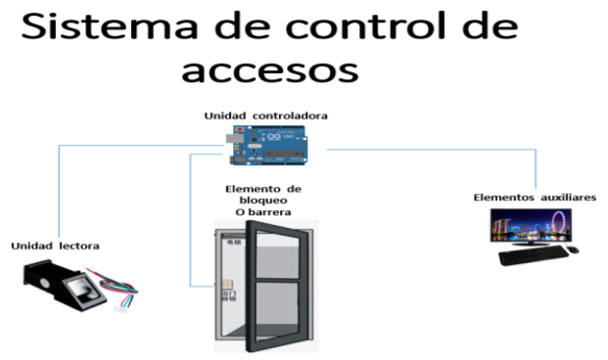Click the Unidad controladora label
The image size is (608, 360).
(265, 115)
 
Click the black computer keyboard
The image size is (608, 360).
(533, 257)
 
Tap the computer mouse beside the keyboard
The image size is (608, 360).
(573, 252)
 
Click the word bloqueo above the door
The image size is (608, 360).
(263, 200)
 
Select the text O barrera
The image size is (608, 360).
(263, 212)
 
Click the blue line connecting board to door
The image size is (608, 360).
(191, 225)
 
